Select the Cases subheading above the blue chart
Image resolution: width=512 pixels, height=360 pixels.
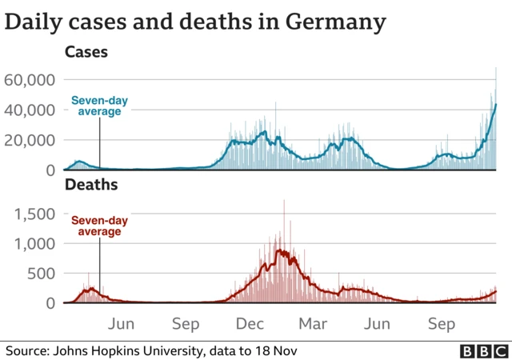(x=86, y=53)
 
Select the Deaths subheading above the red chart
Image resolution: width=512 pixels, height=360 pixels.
(x=91, y=185)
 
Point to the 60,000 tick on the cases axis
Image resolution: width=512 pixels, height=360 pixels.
(x=29, y=80)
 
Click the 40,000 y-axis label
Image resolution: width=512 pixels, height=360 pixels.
(x=29, y=110)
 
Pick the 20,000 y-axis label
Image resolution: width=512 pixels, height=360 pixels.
(x=29, y=140)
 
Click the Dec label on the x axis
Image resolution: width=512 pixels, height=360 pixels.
(x=250, y=324)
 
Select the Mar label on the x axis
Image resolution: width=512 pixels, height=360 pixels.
(x=314, y=324)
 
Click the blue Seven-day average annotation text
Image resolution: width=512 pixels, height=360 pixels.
(x=99, y=106)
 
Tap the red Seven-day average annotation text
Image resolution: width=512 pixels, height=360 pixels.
(x=99, y=226)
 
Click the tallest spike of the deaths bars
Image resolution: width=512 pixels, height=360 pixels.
(x=284, y=201)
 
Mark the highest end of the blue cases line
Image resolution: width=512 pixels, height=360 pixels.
(x=496, y=105)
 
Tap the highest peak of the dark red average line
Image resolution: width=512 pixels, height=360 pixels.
(x=280, y=250)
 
